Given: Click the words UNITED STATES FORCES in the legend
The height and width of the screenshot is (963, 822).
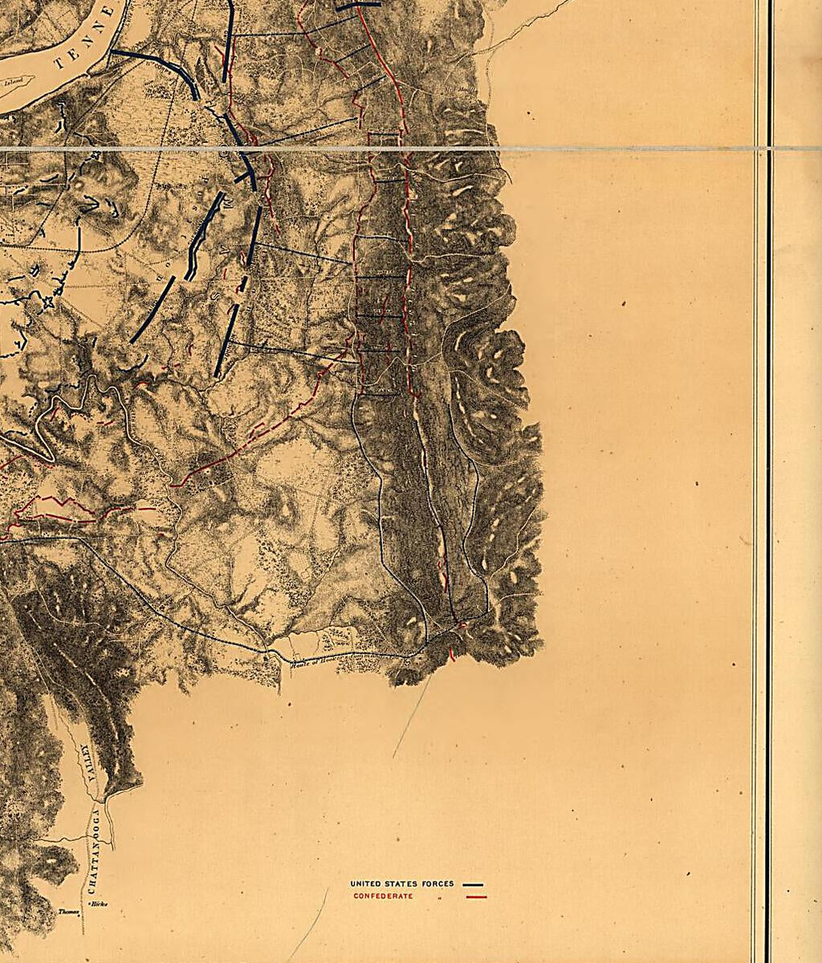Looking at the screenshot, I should coord(401,884).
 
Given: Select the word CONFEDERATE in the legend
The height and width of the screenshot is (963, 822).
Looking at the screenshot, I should coord(383,896).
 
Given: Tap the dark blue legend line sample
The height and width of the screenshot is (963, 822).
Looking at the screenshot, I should coord(473,884).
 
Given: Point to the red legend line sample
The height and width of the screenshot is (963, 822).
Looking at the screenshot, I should coord(476,896).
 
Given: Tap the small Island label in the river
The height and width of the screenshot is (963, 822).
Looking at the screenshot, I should coord(13,81).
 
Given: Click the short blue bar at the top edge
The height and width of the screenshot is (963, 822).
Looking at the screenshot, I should coord(358,6).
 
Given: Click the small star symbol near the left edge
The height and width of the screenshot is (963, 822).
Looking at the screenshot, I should coord(47,303).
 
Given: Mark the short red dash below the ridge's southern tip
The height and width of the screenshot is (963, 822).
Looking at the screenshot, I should coord(451,655).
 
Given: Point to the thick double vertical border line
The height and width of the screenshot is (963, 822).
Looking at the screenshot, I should coord(763,481).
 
